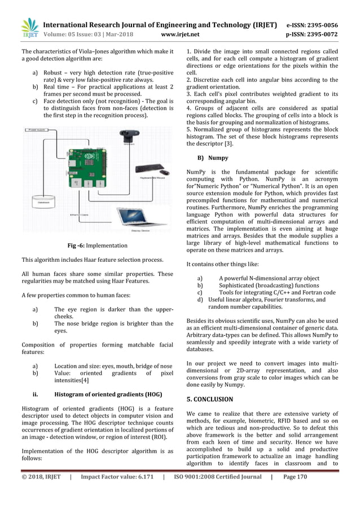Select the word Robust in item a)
pyautogui.click(x=56, y=73)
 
